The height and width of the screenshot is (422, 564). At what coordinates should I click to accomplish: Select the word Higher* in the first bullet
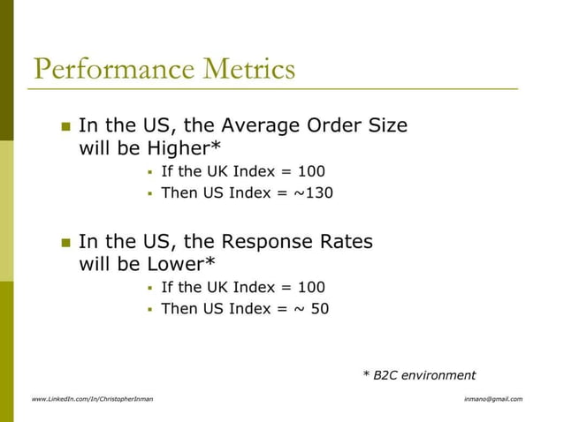(184, 148)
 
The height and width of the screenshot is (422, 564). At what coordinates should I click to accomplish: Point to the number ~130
(314, 192)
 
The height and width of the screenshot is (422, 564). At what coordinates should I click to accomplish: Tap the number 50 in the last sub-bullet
(319, 309)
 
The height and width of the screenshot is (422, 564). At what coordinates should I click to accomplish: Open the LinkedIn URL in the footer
(92, 399)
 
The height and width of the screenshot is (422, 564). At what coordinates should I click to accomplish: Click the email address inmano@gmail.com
(492, 399)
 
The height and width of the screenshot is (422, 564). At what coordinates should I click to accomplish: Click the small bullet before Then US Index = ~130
(151, 193)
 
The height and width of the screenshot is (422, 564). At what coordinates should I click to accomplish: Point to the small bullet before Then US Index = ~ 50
(151, 310)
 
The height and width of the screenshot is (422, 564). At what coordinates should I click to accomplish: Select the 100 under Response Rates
(311, 287)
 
